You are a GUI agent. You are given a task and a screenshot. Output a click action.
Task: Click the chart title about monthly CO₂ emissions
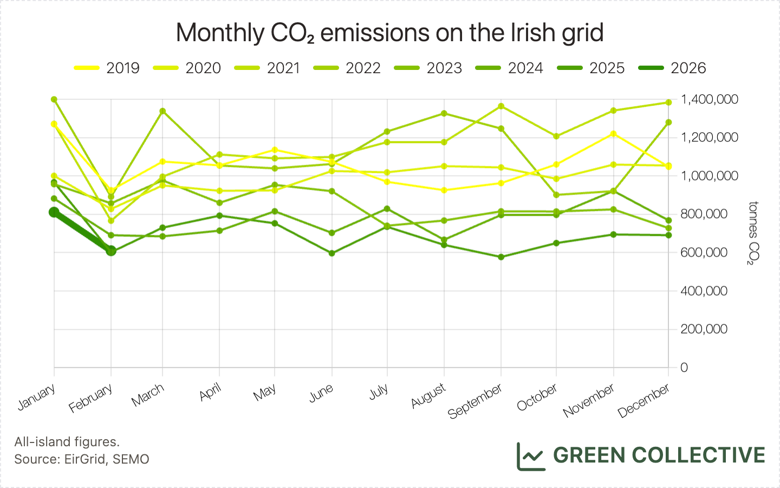pyautogui.click(x=389, y=33)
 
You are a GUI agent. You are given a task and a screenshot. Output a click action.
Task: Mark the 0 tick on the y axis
pyautogui.click(x=684, y=368)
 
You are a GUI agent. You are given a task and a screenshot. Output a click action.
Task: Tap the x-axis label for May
pyautogui.click(x=265, y=392)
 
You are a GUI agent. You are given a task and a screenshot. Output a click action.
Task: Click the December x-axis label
pyautogui.click(x=643, y=401)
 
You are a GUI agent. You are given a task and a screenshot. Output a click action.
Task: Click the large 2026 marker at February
pyautogui.click(x=111, y=251)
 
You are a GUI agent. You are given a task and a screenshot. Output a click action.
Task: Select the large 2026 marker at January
pyautogui.click(x=54, y=212)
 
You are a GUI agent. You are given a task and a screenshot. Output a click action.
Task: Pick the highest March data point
pyautogui.click(x=162, y=111)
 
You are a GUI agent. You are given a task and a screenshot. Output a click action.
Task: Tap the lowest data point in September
pyautogui.click(x=501, y=256)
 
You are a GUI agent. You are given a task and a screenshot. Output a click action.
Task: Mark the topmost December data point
pyautogui.click(x=668, y=102)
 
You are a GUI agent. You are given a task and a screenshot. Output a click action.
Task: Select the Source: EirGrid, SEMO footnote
pyautogui.click(x=82, y=459)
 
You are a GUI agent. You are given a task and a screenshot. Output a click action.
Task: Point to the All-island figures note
pyautogui.click(x=67, y=442)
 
